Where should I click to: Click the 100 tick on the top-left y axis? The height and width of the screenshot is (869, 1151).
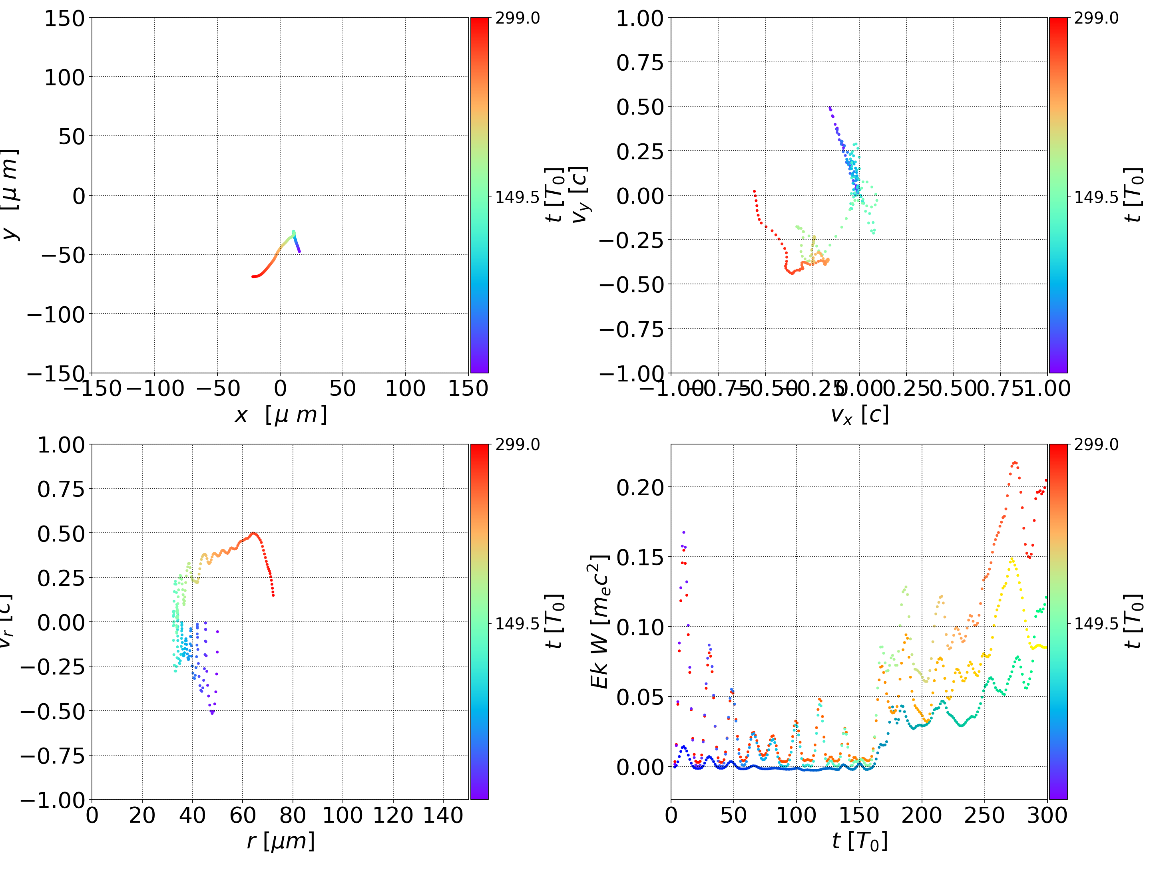pyautogui.click(x=64, y=77)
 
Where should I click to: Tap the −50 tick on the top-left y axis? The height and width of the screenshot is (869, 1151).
pyautogui.click(x=57, y=255)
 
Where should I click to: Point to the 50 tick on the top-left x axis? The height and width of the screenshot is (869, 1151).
pyautogui.click(x=343, y=389)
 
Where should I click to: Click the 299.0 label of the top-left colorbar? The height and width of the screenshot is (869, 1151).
pyautogui.click(x=517, y=18)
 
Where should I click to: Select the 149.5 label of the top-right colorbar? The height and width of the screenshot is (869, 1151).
pyautogui.click(x=1096, y=197)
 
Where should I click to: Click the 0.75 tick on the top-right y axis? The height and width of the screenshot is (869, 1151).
pyautogui.click(x=640, y=63)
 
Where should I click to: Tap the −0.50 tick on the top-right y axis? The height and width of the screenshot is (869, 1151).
pyautogui.click(x=632, y=285)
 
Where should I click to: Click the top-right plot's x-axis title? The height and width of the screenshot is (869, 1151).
pyautogui.click(x=860, y=415)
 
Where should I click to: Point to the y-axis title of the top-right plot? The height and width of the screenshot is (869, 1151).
pyautogui.click(x=579, y=195)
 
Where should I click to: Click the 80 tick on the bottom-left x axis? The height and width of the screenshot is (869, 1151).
pyautogui.click(x=293, y=815)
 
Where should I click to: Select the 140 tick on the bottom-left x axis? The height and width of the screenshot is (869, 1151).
pyautogui.click(x=443, y=815)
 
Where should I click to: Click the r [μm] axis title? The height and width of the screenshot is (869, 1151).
pyautogui.click(x=281, y=841)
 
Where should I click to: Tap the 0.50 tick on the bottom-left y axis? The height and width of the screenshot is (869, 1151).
pyautogui.click(x=61, y=534)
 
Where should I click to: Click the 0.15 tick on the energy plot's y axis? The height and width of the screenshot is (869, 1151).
pyautogui.click(x=640, y=558)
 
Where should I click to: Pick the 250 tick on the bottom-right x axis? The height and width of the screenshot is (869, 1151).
pyautogui.click(x=984, y=815)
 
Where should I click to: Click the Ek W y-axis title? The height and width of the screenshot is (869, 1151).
pyautogui.click(x=599, y=621)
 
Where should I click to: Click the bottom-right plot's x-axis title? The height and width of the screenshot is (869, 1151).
pyautogui.click(x=860, y=841)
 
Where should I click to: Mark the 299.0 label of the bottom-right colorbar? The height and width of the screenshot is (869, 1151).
pyautogui.click(x=1096, y=444)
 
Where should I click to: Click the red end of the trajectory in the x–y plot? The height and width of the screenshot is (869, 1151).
pyautogui.click(x=253, y=277)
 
